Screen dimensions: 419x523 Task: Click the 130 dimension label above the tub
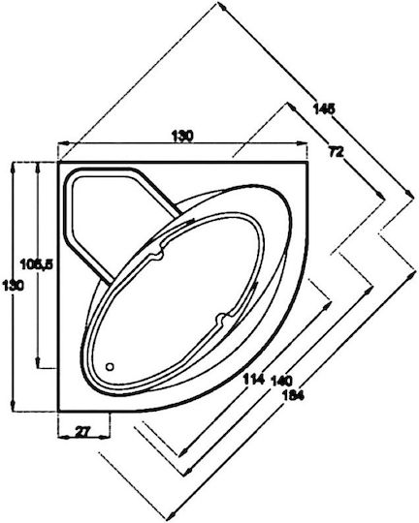[182, 137]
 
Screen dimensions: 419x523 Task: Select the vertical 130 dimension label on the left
[13, 286]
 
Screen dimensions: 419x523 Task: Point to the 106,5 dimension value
[36, 264]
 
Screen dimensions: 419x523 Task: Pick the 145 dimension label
[323, 108]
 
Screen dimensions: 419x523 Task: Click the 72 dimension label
[337, 152]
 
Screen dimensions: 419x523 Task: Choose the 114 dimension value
[254, 379]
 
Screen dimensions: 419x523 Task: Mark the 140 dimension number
[282, 381]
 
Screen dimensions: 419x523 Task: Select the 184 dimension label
[293, 395]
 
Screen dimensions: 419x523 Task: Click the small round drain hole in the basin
[110, 367]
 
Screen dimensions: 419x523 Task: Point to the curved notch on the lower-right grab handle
[221, 319]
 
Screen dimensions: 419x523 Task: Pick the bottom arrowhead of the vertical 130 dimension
[13, 406]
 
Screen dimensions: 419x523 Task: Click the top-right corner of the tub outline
[307, 162]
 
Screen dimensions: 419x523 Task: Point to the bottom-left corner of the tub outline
[58, 412]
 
